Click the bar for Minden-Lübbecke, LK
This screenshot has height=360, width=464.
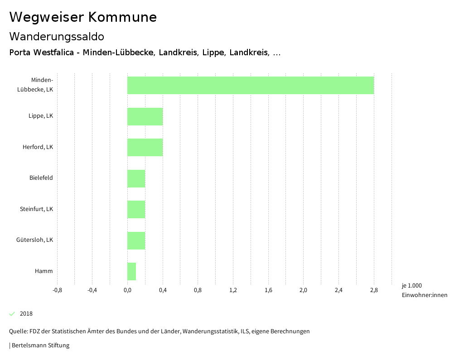[x=251, y=85]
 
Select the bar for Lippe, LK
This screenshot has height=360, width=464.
[x=145, y=116]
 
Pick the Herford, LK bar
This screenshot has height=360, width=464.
[x=145, y=147]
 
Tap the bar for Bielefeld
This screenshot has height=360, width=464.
[x=136, y=178]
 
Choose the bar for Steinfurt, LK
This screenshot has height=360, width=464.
[x=136, y=209]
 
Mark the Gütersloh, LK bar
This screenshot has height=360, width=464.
[x=136, y=240]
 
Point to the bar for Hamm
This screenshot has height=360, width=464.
[x=131, y=271]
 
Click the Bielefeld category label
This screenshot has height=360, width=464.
[x=41, y=178]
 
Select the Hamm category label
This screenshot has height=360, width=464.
[x=44, y=271]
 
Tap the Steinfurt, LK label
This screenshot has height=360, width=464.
[x=37, y=209]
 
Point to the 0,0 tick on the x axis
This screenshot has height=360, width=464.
[x=127, y=290]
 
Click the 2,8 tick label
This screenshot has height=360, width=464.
[x=374, y=290]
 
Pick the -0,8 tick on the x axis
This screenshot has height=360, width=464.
[x=57, y=290]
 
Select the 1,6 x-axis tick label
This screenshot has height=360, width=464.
[x=268, y=290]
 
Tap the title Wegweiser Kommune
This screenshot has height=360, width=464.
[x=83, y=17]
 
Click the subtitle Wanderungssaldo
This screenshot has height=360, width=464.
[x=57, y=36]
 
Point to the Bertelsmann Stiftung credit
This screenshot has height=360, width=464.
[x=40, y=346]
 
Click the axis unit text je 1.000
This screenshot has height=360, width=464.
[x=411, y=286]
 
